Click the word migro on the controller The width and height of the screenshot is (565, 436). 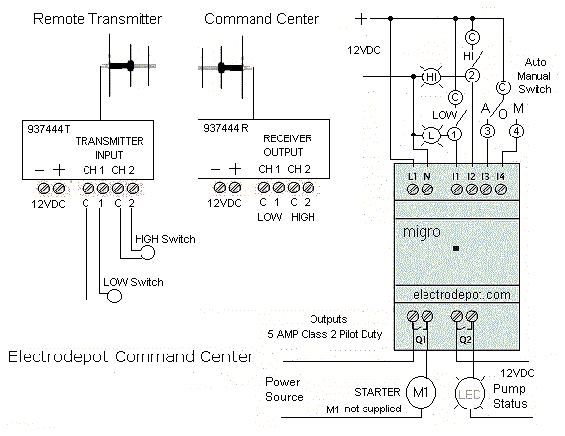(422, 232)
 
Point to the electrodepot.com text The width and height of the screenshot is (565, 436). (462, 295)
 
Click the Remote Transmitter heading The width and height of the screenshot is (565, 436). (97, 19)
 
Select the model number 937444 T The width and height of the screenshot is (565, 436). (49, 129)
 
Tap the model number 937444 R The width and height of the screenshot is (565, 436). (226, 128)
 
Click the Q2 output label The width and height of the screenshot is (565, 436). (465, 340)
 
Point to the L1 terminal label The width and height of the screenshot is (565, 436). (412, 176)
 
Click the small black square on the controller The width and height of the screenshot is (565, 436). (456, 248)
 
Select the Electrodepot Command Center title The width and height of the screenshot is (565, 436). (131, 356)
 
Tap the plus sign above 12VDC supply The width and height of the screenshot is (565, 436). (361, 19)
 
